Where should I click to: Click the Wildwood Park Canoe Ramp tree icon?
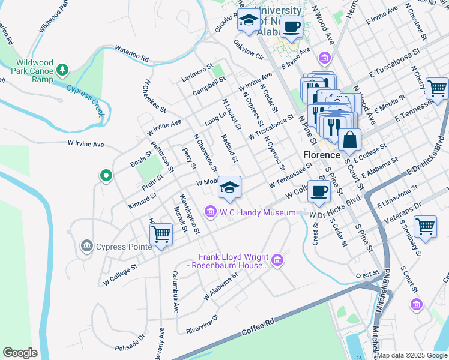(x=62, y=71)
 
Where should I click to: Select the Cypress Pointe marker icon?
(x=86, y=246)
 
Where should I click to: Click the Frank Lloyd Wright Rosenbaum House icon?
(x=277, y=260)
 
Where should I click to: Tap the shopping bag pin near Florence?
(x=349, y=140)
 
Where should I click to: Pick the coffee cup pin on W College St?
(x=319, y=192)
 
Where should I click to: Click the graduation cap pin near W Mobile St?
(x=229, y=187)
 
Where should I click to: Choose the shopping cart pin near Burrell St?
(x=161, y=233)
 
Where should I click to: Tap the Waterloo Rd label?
(x=131, y=54)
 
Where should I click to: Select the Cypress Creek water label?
(x=85, y=100)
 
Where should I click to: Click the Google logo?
(x=20, y=353)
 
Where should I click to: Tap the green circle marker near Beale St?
(x=106, y=176)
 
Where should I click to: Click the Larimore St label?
(x=197, y=74)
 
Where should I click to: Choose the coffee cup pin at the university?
(x=292, y=26)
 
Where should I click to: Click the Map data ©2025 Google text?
(x=411, y=355)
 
